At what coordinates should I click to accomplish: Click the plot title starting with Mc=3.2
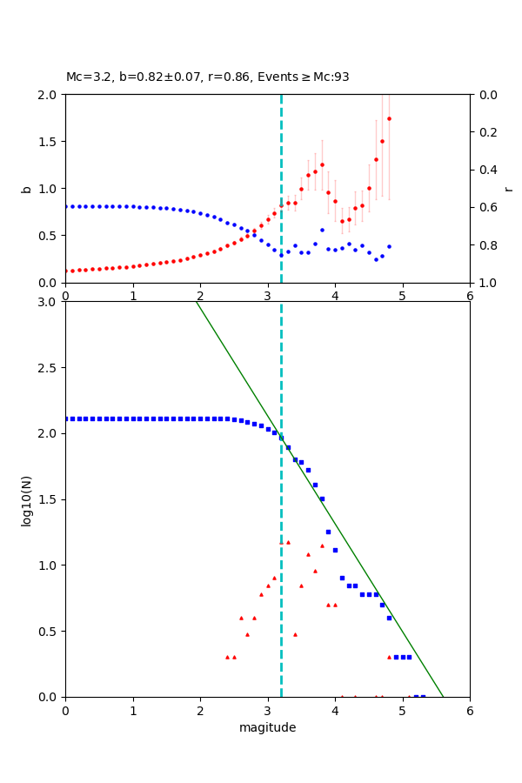point(207,77)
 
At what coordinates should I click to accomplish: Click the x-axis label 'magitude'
point(267,727)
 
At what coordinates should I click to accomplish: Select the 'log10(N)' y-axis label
point(26,499)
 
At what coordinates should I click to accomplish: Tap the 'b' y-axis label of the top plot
point(26,189)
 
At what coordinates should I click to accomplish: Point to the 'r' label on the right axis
point(508,189)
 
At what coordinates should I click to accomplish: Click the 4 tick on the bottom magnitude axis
point(335,709)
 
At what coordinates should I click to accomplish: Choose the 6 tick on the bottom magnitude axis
point(470,709)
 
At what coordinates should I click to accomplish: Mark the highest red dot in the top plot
point(389,118)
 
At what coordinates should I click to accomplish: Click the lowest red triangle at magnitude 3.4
point(295,634)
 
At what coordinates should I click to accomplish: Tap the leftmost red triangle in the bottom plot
point(227,657)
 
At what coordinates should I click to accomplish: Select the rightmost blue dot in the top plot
point(389,246)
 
